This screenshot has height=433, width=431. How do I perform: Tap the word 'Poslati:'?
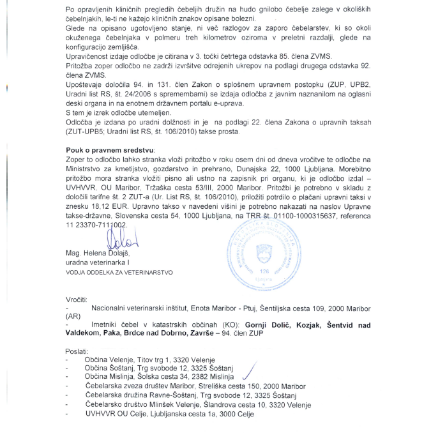(x=77, y=351)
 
